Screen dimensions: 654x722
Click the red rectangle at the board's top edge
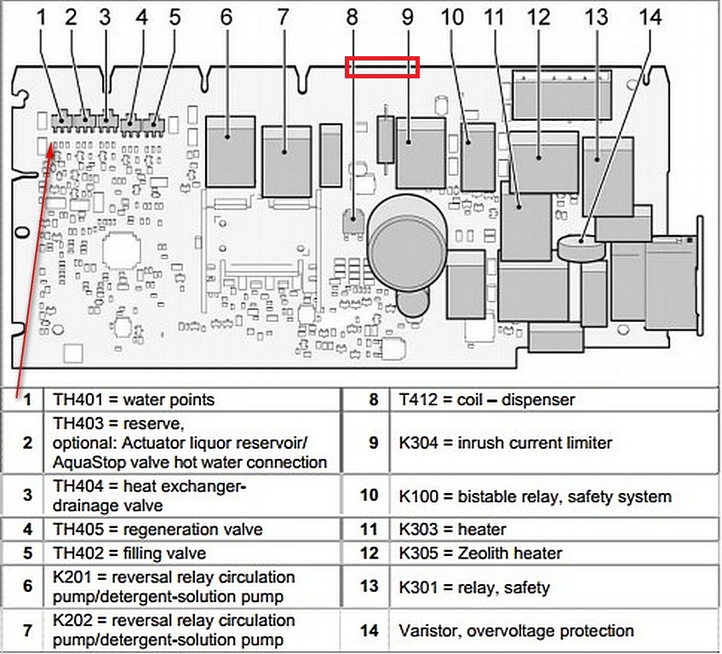(382, 67)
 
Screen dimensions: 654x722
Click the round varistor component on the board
(582, 247)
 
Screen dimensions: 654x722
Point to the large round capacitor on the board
(407, 234)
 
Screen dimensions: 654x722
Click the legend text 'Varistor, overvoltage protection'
(516, 631)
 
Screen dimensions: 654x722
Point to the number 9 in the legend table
(373, 443)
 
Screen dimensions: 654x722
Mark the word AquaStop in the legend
(87, 462)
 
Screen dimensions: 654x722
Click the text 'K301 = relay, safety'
(474, 588)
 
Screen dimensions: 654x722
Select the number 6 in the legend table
(28, 588)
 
